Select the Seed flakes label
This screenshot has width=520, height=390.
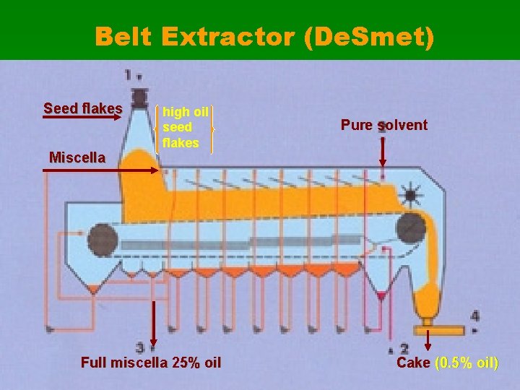click(83, 108)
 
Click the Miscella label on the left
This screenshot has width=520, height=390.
click(77, 157)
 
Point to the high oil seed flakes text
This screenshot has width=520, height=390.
click(186, 127)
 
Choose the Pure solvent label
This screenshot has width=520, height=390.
click(384, 125)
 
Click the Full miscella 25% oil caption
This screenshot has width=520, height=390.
click(151, 362)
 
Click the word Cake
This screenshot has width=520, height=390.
click(413, 362)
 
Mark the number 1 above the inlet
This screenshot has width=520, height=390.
click(128, 74)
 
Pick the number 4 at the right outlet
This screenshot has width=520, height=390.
click(474, 316)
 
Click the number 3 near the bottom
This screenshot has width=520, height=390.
click(140, 347)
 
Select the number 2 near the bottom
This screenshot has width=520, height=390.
click(404, 349)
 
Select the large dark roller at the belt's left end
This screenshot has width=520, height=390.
click(103, 239)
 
